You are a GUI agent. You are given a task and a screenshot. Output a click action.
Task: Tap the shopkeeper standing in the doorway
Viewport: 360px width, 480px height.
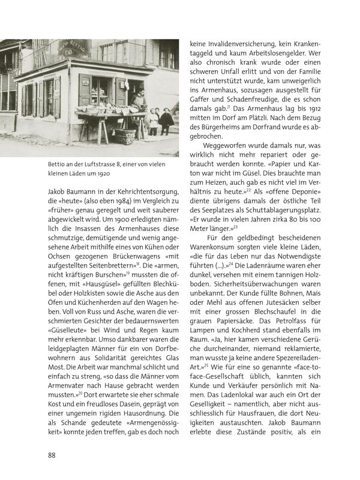point(139,99)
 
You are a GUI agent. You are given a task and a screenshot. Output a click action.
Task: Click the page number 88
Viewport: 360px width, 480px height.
point(52,454)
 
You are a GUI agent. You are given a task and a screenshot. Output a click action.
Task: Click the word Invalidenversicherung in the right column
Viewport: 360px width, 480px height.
point(241,44)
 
